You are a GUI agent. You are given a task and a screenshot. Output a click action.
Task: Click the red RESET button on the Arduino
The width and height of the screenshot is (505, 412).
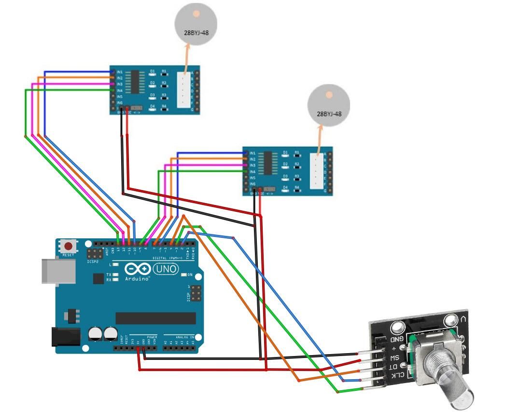[69, 246]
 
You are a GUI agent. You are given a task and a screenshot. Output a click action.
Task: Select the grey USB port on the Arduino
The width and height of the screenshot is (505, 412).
[58, 271]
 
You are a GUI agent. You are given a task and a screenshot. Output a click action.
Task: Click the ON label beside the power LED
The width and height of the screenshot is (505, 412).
[190, 275]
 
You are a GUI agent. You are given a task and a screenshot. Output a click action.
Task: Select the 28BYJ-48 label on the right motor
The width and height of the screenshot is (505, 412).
[329, 114]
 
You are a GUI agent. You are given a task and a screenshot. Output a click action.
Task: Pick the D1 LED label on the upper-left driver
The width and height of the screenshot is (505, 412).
[153, 71]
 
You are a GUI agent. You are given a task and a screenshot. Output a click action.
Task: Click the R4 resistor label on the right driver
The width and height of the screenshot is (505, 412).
[297, 187]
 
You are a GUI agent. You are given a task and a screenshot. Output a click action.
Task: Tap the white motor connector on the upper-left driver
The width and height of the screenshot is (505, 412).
[183, 89]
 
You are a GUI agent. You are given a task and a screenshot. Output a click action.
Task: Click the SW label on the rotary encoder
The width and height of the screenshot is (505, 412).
[394, 357]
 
